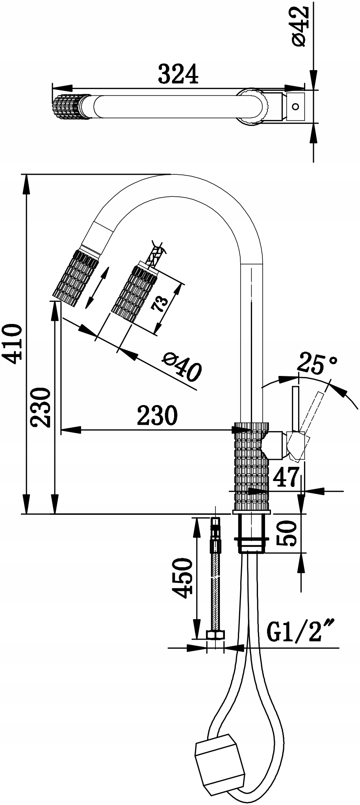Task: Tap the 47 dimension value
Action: (286, 478)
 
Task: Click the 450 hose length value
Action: (183, 578)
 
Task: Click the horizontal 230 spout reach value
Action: (157, 415)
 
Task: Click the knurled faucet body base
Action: (251, 466)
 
